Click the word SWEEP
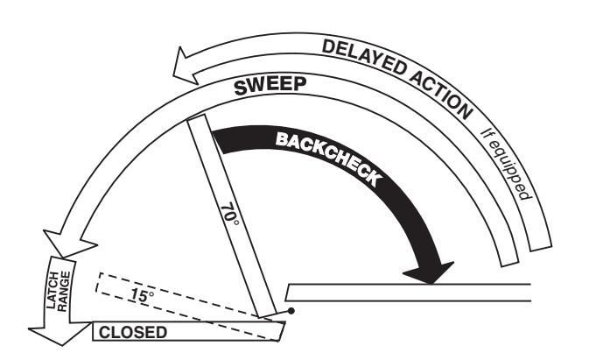pos(270,86)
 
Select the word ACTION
pos(441,94)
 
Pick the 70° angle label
pos(229,215)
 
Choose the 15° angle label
pos(142,295)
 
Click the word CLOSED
pos(133,333)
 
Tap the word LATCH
pos(53,290)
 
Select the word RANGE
pos(64,291)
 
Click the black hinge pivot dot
pos(291,311)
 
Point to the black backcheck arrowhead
pos(429,272)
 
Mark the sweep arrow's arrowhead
pos(69,244)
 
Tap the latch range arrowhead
pos(60,334)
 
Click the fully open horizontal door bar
pos(409,293)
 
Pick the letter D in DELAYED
pos(329,47)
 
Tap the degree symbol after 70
pos(235,222)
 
